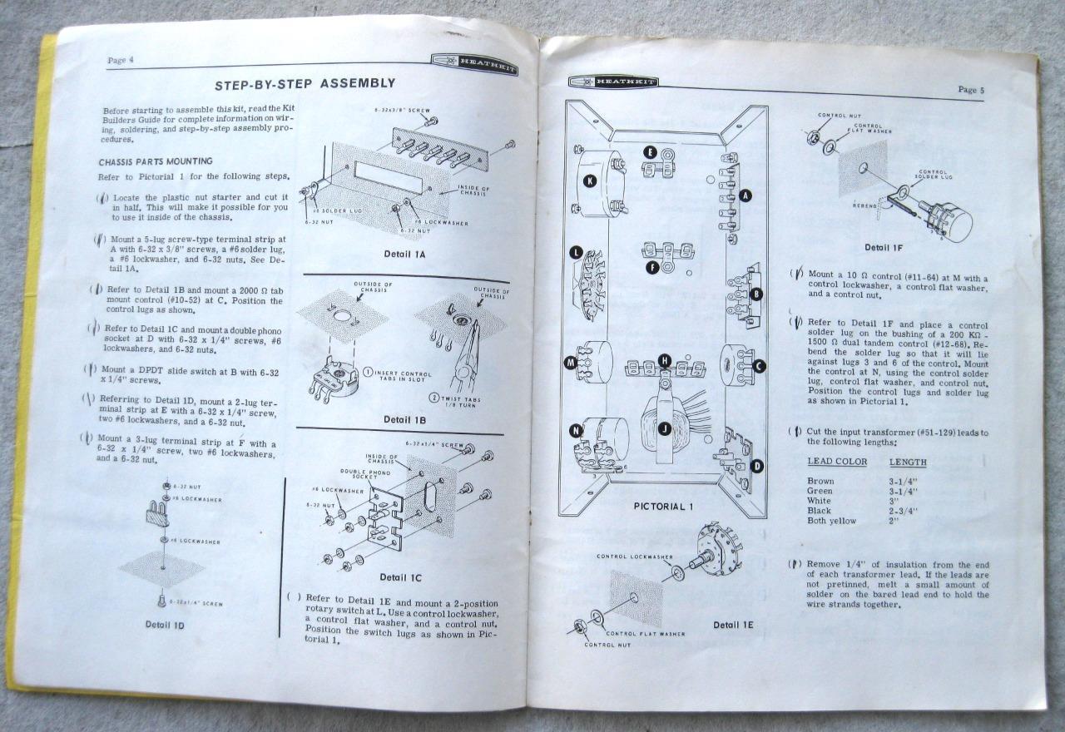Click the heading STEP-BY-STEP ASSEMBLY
[x=305, y=83]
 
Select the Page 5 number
[x=971, y=89]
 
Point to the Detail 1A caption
[x=404, y=254]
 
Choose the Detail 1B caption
[x=404, y=419]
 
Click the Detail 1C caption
[x=400, y=576]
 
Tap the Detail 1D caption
[x=164, y=624]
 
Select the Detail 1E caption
[x=733, y=625]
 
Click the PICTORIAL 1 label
[x=664, y=506]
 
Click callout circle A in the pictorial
[x=745, y=195]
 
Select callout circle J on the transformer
[x=664, y=428]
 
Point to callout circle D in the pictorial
[x=756, y=466]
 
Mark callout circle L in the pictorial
[x=576, y=252]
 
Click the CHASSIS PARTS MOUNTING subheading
[x=156, y=161]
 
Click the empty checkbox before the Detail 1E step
[x=294, y=597]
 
